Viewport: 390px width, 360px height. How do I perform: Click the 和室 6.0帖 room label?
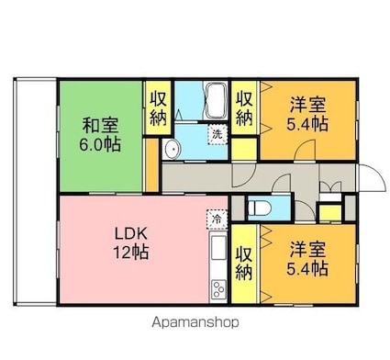click(100, 135)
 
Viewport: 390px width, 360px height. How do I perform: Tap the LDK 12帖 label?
click(131, 243)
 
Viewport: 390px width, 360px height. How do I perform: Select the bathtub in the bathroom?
click(216, 100)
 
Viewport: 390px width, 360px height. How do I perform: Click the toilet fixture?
click(260, 208)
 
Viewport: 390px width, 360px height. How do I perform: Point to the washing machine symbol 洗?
click(217, 134)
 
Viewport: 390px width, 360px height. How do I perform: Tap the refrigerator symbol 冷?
click(217, 219)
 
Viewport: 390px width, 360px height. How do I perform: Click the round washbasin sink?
click(173, 150)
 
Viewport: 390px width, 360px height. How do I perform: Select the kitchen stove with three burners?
click(218, 289)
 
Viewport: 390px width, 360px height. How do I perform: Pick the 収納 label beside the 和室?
click(158, 108)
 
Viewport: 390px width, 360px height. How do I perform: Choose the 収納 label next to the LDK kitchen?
click(244, 264)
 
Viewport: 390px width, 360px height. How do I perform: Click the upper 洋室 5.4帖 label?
click(307, 114)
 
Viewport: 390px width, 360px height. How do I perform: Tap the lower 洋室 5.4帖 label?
click(307, 259)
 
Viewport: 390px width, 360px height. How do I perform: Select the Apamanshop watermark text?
click(195, 322)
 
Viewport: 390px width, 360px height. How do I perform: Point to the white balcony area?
click(36, 192)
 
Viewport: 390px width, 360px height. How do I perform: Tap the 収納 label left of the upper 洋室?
click(244, 108)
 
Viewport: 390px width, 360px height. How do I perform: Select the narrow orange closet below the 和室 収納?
click(151, 165)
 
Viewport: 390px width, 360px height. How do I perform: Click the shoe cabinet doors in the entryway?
click(330, 187)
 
